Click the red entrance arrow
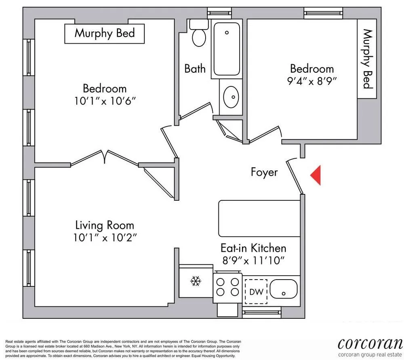coord(316,175)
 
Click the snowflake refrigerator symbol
coord(196,280)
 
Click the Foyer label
coord(264,172)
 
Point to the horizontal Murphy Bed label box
coord(104,33)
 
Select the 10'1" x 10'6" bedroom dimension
coord(104,101)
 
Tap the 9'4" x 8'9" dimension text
coord(312,80)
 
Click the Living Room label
coord(105,225)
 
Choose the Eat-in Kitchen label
coord(253,248)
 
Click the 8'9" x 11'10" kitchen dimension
coord(253,261)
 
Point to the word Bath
coord(195,68)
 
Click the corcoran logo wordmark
coord(370,343)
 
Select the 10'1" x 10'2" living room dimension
coord(105,238)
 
